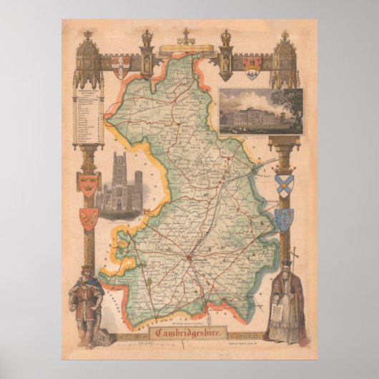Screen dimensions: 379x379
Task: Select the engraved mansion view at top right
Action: tap(261, 112)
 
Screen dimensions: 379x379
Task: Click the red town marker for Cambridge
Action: tap(189, 256)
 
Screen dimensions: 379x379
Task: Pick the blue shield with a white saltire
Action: tap(284, 183)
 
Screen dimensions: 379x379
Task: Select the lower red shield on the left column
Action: tap(89, 218)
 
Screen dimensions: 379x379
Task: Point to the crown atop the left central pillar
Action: tap(147, 36)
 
